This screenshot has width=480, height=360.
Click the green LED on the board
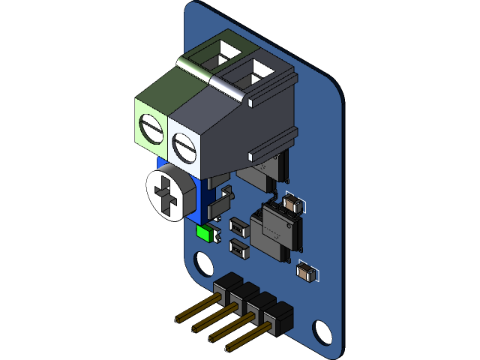point(203,232)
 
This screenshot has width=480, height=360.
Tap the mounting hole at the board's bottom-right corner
point(322,331)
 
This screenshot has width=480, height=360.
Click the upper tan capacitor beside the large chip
point(293,204)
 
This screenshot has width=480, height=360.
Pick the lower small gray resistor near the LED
point(239,248)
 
